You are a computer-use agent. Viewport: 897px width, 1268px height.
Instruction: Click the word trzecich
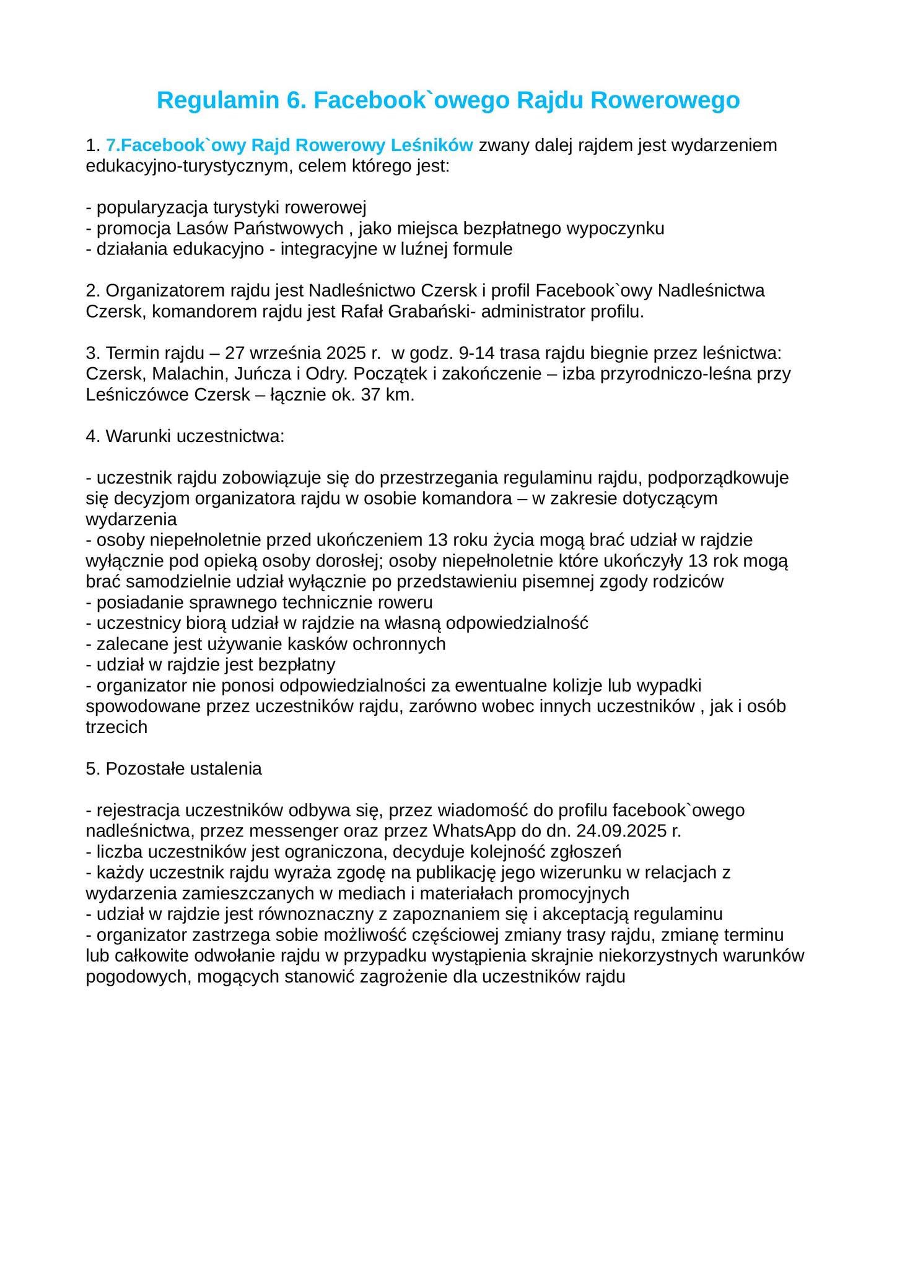coord(116,727)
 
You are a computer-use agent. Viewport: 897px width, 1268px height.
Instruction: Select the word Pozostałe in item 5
coord(144,769)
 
